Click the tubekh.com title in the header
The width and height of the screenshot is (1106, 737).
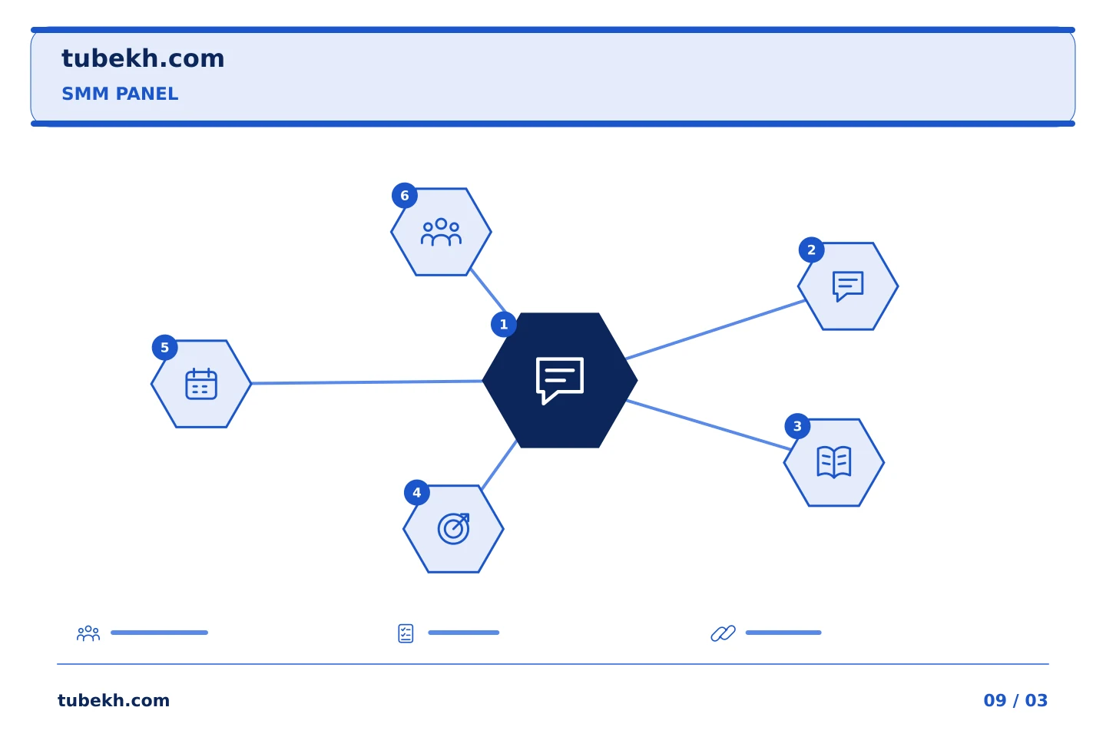[143, 59]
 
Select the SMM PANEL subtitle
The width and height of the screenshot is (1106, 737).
[120, 94]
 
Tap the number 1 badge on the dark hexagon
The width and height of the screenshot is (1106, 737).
[504, 324]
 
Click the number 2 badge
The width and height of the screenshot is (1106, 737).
[811, 250]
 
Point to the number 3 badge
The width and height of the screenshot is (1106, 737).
[797, 426]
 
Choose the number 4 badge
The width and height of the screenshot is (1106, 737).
[417, 492]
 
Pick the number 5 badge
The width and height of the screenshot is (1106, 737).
[165, 348]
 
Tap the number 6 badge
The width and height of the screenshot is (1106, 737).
[404, 196]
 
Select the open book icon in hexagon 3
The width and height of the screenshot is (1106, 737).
[834, 462]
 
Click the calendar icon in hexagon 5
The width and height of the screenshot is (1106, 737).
[201, 384]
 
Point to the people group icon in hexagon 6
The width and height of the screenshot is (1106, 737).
[441, 232]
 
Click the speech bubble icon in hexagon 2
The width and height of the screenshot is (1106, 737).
[848, 286]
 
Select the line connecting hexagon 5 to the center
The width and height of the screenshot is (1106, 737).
[367, 382]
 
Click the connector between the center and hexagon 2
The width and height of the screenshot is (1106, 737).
[716, 329]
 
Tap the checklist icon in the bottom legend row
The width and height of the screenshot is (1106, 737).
[406, 633]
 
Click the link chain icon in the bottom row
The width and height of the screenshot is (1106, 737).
[723, 633]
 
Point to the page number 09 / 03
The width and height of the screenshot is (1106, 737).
[1015, 700]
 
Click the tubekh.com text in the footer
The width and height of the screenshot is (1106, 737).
[114, 700]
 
